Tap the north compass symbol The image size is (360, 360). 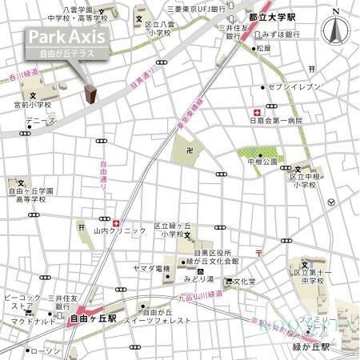pyautogui.click(x=336, y=30)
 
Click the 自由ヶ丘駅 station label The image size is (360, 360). pyautogui.click(x=94, y=318)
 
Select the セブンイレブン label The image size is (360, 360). pyautogui.click(x=295, y=86)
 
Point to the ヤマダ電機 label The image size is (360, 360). pyautogui.click(x=152, y=268)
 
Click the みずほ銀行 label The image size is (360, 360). pyautogui.click(x=281, y=35)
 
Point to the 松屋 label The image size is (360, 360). pyautogui.click(x=263, y=48)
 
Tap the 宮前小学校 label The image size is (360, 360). pyautogui.click(x=32, y=105)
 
